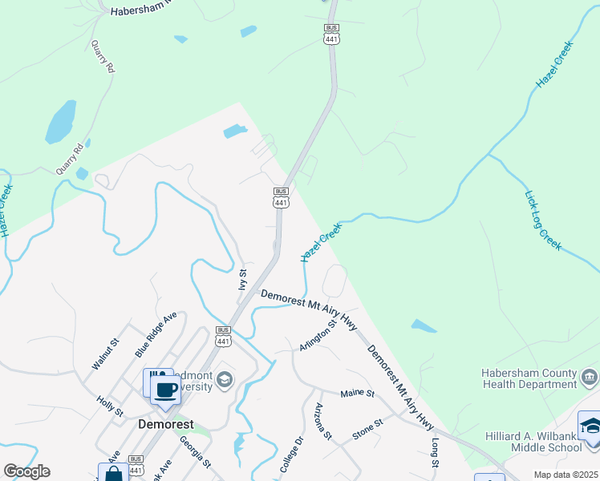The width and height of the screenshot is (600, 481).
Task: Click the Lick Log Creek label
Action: pos(543,220)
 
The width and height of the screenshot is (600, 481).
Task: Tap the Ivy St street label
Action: pos(242,279)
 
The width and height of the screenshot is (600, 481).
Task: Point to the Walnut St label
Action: pos(105,354)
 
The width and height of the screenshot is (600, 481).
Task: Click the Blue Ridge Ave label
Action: pos(155,334)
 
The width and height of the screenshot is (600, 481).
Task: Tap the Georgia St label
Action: pos(195,451)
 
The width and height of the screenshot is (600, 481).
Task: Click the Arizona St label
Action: pos(322,421)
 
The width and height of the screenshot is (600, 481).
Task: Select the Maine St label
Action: pos(358,394)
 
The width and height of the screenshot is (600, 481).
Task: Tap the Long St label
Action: pos(436,453)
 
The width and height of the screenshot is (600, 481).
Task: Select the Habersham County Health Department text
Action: pos(529,378)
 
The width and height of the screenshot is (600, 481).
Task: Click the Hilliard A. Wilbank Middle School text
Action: pos(532,441)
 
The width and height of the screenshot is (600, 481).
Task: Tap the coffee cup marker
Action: pos(165,391)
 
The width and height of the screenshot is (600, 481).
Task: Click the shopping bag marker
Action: pos(114,473)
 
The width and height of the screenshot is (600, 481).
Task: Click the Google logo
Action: pos(26,471)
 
